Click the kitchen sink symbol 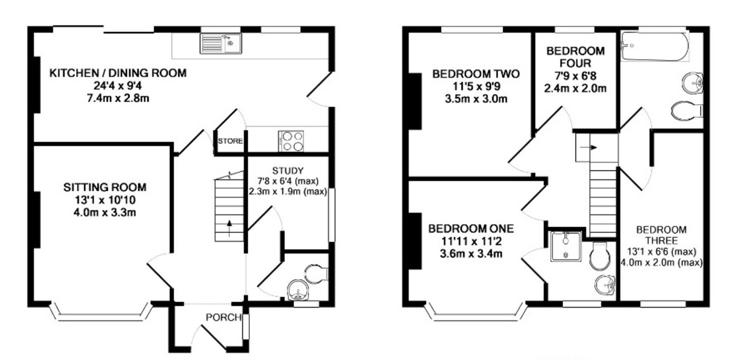[x=221, y=43]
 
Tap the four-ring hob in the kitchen [x=291, y=141]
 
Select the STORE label [x=230, y=141]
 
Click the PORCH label [x=223, y=317]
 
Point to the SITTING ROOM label [x=105, y=187]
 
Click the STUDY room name [x=288, y=171]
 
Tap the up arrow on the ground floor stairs [x=229, y=227]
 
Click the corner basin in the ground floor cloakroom [x=295, y=291]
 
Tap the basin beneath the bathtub [x=693, y=81]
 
